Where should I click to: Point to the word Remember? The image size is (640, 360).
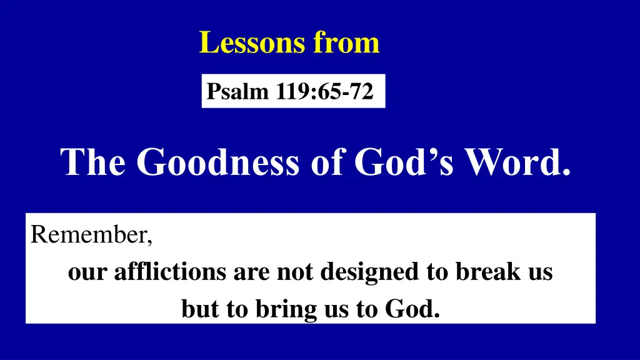click(91, 235)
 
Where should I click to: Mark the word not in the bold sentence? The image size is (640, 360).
click(291, 272)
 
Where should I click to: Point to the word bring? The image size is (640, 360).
click(282, 309)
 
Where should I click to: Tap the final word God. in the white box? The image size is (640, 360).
click(416, 309)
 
